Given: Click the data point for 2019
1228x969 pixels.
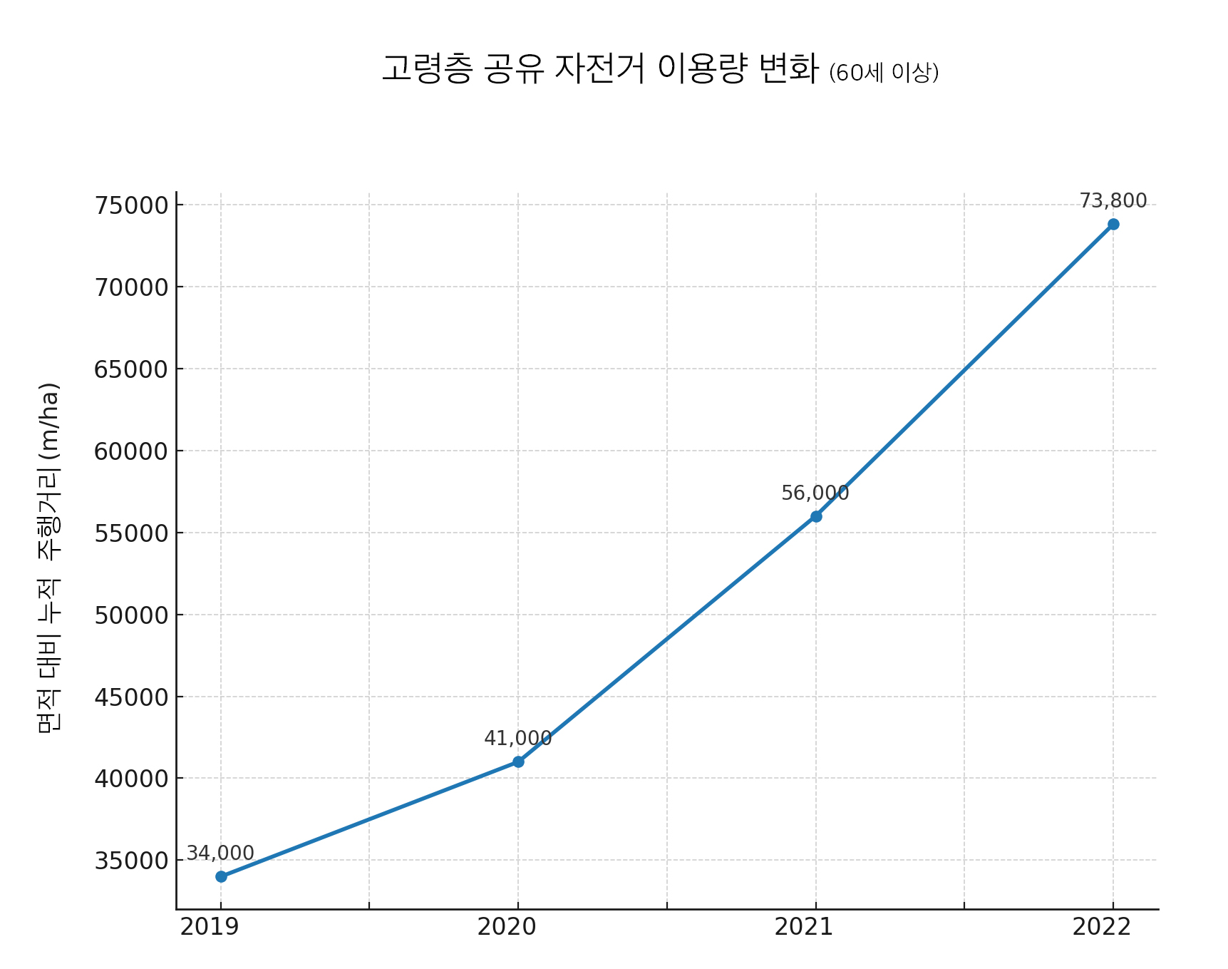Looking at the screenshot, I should tap(221, 876).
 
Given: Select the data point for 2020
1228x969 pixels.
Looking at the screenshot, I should tap(518, 762).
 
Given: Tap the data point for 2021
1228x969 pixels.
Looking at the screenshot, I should tap(816, 516).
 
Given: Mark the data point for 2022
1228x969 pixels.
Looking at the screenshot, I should tap(1113, 225).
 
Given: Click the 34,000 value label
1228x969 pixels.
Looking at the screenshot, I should tap(220, 853).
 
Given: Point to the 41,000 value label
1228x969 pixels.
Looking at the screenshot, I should tap(518, 739).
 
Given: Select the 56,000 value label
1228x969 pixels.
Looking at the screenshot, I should tap(815, 493).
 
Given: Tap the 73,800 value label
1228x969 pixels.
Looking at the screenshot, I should tap(1113, 201).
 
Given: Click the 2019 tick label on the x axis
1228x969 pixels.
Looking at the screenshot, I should tap(210, 928).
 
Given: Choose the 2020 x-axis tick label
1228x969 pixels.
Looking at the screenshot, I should tap(507, 928).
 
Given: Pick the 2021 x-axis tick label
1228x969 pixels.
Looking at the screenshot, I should tap(804, 928).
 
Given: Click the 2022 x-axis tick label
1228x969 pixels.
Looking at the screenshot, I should tap(1102, 928).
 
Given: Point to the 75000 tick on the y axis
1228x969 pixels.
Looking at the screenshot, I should tap(131, 205).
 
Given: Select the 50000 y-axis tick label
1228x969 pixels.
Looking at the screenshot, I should tap(131, 615).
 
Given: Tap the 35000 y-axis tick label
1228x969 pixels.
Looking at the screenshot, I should tap(131, 861).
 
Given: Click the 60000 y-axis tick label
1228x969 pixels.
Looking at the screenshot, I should tap(131, 451).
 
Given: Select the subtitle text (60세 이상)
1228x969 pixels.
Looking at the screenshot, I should tap(884, 73).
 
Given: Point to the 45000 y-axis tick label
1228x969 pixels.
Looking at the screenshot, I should tap(131, 697).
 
